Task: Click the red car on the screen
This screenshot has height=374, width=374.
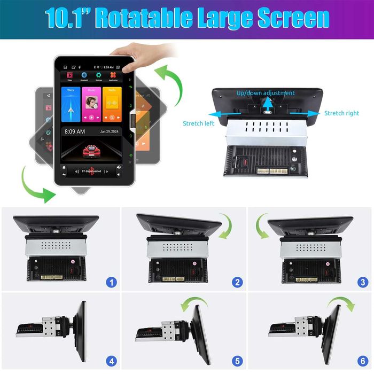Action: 92,152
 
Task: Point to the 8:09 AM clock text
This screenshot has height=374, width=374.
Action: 75,131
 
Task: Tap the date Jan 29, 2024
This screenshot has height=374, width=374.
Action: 111,131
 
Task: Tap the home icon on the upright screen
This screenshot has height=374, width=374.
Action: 65,171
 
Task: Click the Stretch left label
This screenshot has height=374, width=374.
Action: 198,123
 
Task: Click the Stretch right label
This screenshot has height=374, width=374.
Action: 341,113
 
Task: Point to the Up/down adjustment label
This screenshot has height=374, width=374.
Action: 266,93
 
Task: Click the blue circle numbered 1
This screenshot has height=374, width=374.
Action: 112,282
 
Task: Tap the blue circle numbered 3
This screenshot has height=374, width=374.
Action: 363,282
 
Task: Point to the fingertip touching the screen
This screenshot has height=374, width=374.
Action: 124,68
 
